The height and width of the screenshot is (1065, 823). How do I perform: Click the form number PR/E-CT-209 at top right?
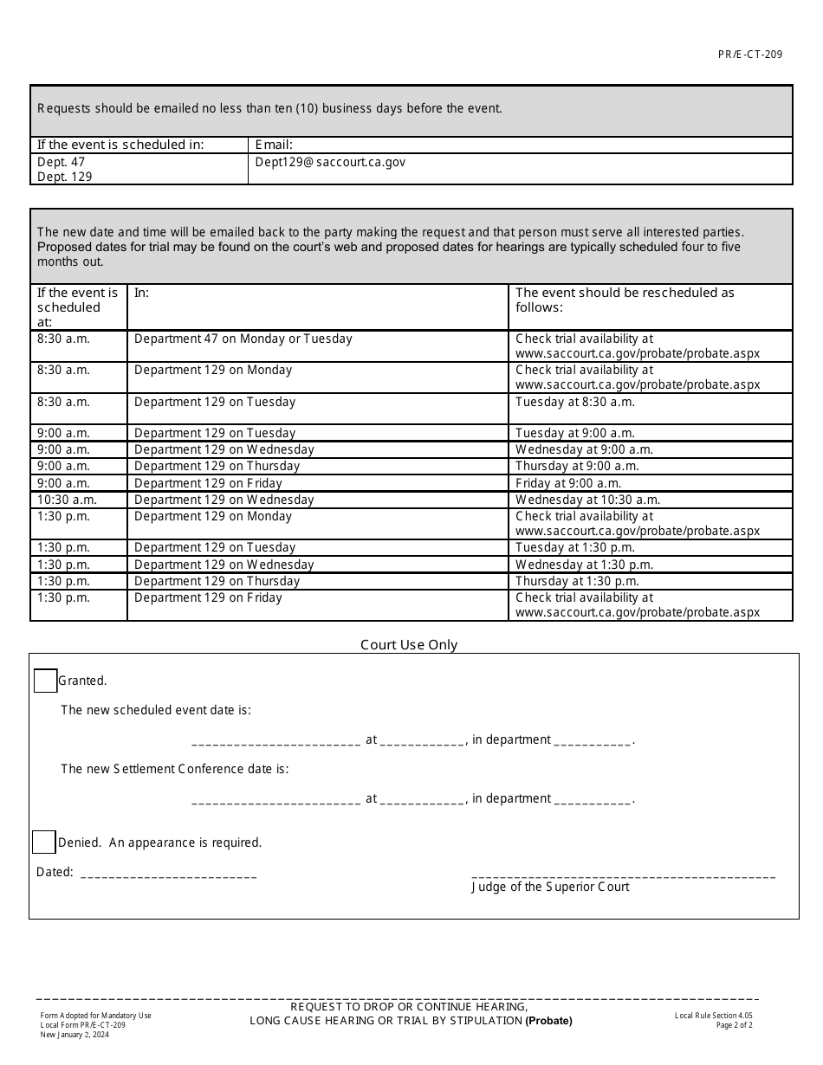click(x=749, y=55)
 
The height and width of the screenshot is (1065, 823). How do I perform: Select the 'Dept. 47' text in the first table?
click(x=61, y=162)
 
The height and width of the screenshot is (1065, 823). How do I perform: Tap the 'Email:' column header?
click(x=274, y=145)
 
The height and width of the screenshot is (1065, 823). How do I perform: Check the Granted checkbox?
click(x=45, y=681)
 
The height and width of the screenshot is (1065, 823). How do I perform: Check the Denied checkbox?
click(x=43, y=842)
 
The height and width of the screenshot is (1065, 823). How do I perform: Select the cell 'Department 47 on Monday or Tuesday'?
click(x=243, y=339)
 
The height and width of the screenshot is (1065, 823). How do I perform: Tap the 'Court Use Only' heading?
click(x=409, y=645)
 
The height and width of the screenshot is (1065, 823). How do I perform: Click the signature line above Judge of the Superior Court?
click(x=623, y=875)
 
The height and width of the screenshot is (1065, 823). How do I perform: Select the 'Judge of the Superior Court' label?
click(x=550, y=887)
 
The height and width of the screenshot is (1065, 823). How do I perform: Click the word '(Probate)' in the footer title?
click(x=548, y=1021)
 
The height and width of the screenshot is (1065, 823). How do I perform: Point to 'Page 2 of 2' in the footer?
click(x=734, y=1025)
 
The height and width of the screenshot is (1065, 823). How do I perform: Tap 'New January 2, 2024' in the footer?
click(x=75, y=1035)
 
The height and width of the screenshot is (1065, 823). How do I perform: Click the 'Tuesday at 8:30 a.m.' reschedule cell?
click(x=574, y=402)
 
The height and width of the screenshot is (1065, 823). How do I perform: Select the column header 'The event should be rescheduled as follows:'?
click(x=624, y=300)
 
